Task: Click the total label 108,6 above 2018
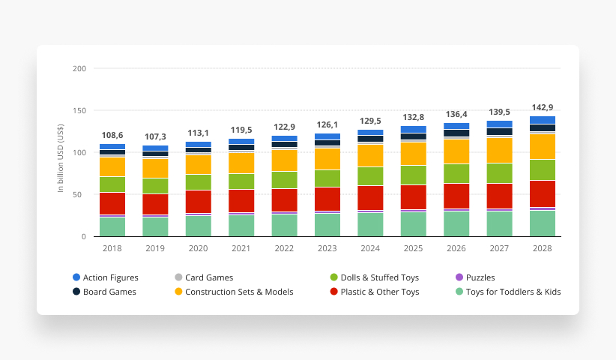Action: pyautogui.click(x=112, y=135)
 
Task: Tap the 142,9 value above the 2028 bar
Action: pyautogui.click(x=542, y=107)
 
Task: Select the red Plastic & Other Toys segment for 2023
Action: pyautogui.click(x=327, y=199)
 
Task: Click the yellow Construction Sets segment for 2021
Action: pyautogui.click(x=241, y=163)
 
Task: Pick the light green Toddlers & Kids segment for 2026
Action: pyautogui.click(x=456, y=223)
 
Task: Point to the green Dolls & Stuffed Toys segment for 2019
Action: pyautogui.click(x=155, y=185)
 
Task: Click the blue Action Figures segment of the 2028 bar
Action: pyautogui.click(x=542, y=120)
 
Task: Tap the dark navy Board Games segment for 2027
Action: pyautogui.click(x=499, y=131)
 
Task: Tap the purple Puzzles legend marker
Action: pyautogui.click(x=459, y=277)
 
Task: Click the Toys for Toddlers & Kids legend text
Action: pyautogui.click(x=513, y=292)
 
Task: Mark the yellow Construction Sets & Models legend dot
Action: pyautogui.click(x=178, y=292)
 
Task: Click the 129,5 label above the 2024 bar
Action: pyautogui.click(x=369, y=121)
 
